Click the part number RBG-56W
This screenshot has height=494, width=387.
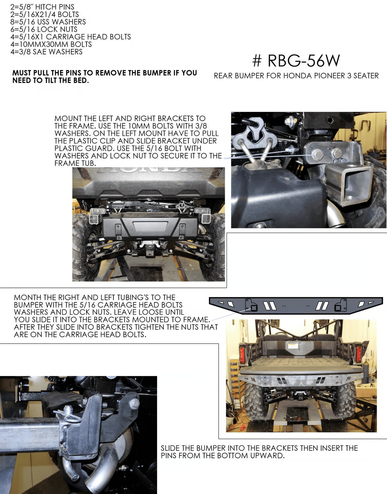296,61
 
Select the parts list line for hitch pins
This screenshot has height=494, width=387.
42,7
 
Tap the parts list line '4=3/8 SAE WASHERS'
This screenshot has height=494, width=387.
46,52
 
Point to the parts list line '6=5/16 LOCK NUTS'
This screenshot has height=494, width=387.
44,29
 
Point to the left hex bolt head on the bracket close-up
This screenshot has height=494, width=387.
317,155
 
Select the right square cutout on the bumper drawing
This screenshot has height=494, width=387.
337,308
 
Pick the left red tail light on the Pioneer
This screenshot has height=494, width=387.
243,355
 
